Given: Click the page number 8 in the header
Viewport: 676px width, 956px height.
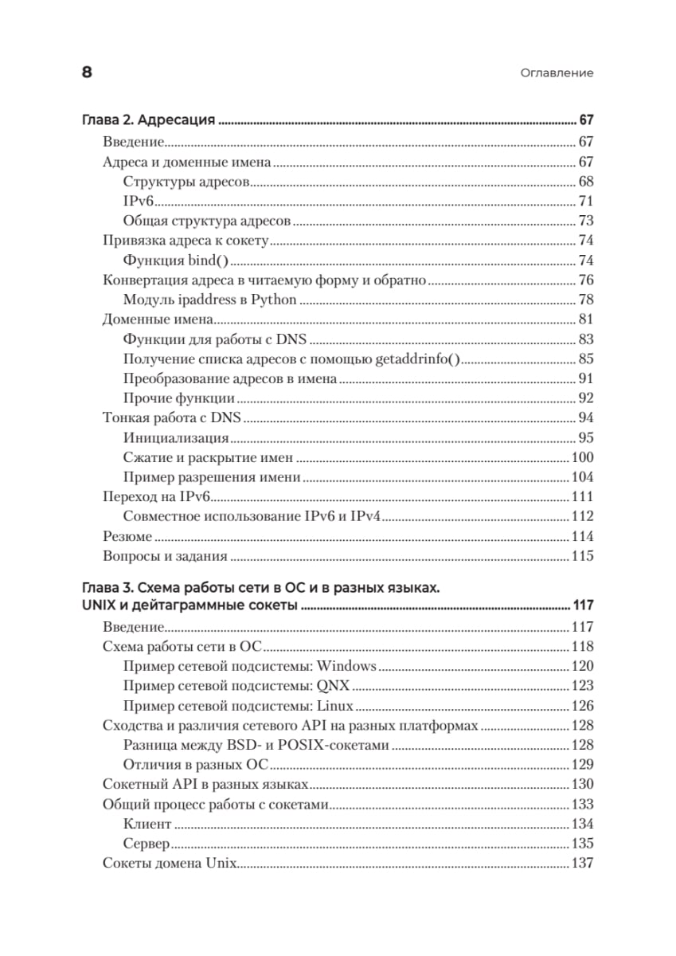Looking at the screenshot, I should click(x=87, y=72).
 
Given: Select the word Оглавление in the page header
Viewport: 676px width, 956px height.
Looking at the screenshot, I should click(x=557, y=73).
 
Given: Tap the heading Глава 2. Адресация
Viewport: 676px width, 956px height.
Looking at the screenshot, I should click(x=149, y=121).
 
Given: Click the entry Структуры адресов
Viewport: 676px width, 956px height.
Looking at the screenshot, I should click(x=186, y=182).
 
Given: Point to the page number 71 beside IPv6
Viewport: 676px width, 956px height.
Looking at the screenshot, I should click(x=586, y=201).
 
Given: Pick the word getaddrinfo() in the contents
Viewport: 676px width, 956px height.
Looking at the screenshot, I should click(x=419, y=358).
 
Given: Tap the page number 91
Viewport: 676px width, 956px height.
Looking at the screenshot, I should click(x=586, y=378).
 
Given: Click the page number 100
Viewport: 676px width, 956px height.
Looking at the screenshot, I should click(x=583, y=458).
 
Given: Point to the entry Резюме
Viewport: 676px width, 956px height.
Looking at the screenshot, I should click(x=127, y=537).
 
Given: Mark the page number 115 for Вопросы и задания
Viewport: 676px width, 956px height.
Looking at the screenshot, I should click(x=583, y=557).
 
